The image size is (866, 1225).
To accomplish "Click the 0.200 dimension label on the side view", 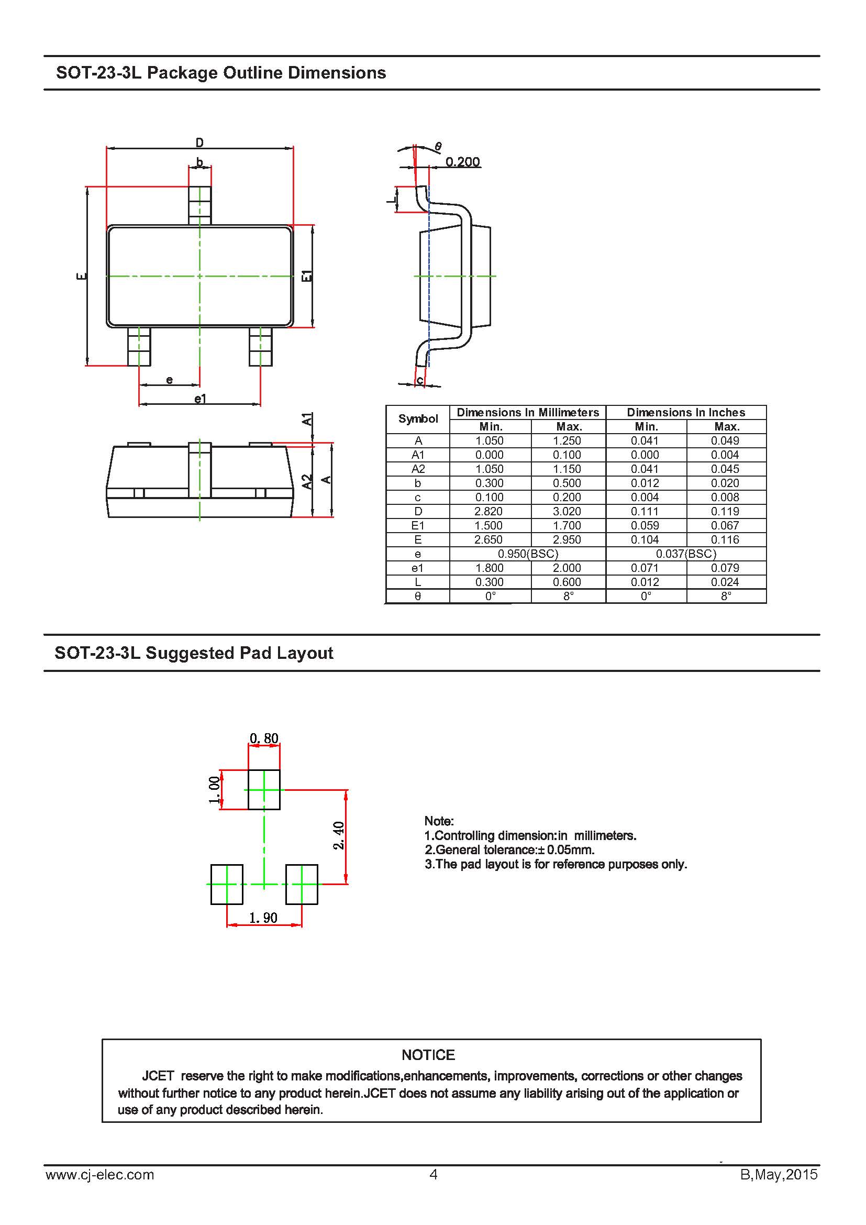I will click(x=462, y=161).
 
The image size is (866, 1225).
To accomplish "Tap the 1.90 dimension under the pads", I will click(x=263, y=917).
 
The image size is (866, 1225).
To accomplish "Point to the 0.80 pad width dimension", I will click(x=264, y=738).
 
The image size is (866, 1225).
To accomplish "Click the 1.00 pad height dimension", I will click(x=214, y=790).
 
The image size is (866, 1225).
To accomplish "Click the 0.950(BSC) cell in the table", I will click(x=527, y=553).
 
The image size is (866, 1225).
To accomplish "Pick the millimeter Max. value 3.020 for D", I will click(x=567, y=511).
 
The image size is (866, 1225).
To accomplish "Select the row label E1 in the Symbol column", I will click(x=417, y=525).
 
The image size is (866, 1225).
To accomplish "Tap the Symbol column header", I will click(x=417, y=419).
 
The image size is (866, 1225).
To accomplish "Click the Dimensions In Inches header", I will click(x=686, y=412).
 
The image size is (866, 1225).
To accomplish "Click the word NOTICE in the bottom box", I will click(x=428, y=1055).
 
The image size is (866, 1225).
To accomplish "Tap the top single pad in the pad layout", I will click(x=264, y=790).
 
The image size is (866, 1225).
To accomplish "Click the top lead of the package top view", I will click(x=200, y=205).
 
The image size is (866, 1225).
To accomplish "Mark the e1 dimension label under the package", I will click(x=200, y=398).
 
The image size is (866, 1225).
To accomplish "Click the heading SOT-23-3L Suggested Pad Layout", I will click(x=194, y=653).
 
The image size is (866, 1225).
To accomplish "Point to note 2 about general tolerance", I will click(x=509, y=850).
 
